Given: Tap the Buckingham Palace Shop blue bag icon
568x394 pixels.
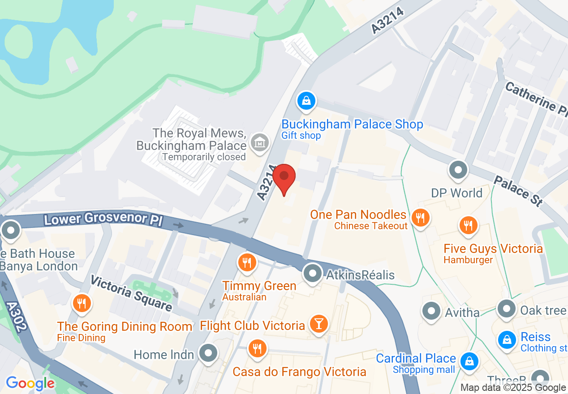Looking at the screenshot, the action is coord(306,100).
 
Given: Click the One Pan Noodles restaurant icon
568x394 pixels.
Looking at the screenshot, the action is coord(420,218).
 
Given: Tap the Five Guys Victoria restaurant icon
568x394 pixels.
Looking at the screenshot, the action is coord(468,225).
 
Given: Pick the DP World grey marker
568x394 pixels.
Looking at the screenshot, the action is coord(458,171).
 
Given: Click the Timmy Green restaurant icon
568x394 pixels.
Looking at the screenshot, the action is coord(246,262).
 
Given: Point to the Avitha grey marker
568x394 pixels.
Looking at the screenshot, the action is coord(432,311).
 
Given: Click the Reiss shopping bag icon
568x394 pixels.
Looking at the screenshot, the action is coord(507,339).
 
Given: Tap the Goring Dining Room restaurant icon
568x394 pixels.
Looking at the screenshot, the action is coord(82,304).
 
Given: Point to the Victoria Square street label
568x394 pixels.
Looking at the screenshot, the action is coord(131,293).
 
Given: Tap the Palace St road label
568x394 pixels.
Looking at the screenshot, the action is coord(518,190).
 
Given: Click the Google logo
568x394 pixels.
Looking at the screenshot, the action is coord(30,383).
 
